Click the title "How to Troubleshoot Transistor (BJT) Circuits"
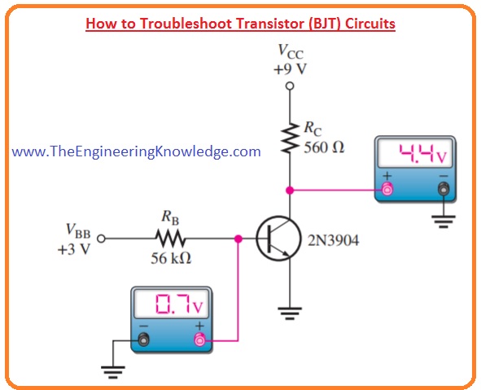point(240,24)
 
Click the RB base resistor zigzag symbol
point(171,239)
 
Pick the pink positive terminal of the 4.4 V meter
point(387,190)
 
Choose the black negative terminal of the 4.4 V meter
point(443,190)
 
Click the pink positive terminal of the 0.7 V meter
point(197,340)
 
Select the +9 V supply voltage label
point(289,69)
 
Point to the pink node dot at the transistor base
point(238,239)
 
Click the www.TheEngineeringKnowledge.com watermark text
point(137,151)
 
